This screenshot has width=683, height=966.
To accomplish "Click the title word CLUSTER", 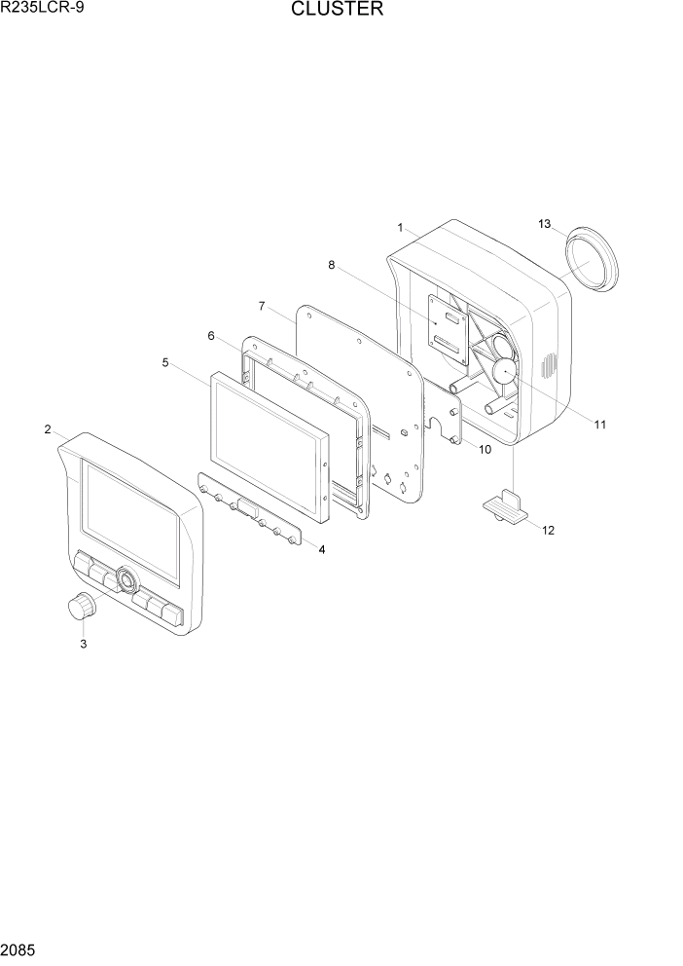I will [x=337, y=11].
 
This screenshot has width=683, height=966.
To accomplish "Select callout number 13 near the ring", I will [x=544, y=224].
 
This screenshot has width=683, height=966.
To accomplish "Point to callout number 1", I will [x=400, y=227].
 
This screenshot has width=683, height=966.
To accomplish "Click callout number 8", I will [x=332, y=264].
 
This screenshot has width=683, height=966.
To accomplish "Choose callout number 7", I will [x=262, y=306].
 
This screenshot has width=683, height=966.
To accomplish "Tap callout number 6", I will [x=211, y=335].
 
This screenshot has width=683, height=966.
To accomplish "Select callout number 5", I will [x=165, y=362].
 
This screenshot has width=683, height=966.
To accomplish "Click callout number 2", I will [x=47, y=429].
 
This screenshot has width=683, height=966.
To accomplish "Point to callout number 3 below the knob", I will [x=83, y=644].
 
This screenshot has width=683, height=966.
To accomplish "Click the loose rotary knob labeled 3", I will [x=82, y=609].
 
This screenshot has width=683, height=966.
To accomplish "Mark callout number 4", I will [x=321, y=549].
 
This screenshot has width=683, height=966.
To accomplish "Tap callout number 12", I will [x=548, y=531].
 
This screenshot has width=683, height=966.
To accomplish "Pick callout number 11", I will [x=599, y=425].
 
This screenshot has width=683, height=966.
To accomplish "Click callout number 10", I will [x=484, y=449].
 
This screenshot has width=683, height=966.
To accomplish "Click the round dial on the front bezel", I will [x=126, y=581].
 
